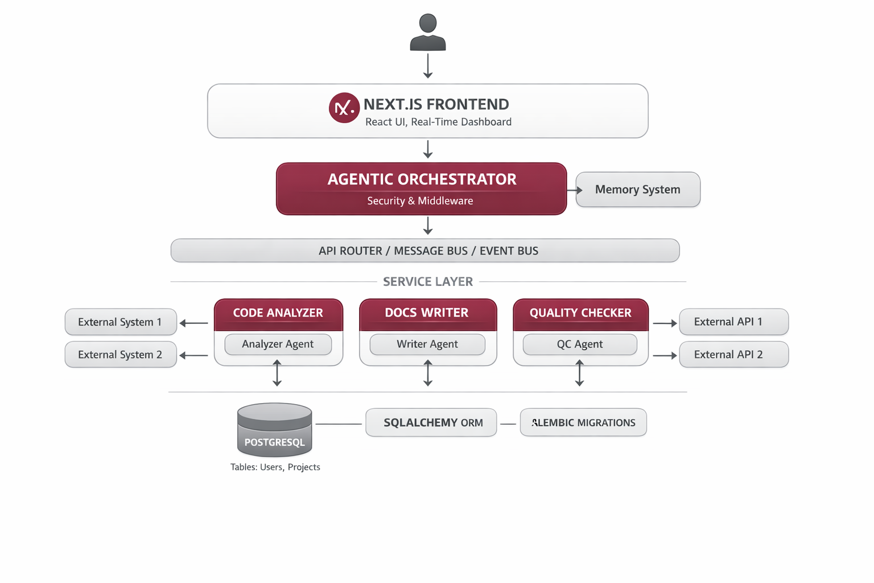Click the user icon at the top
click(428, 32)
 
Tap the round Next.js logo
click(344, 108)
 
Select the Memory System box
click(638, 190)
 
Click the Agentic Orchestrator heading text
click(422, 179)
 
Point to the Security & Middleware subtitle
click(420, 201)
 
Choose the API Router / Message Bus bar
click(425, 251)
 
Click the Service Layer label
click(428, 282)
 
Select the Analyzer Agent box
click(278, 344)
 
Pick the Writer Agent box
click(427, 344)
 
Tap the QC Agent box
click(580, 344)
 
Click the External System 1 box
click(121, 322)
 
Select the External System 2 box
click(121, 355)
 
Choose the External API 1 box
click(733, 322)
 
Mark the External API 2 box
click(733, 355)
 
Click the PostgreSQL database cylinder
click(274, 430)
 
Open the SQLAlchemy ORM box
click(431, 422)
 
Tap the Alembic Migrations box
click(583, 422)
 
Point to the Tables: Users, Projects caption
click(275, 467)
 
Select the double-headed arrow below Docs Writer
click(428, 373)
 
